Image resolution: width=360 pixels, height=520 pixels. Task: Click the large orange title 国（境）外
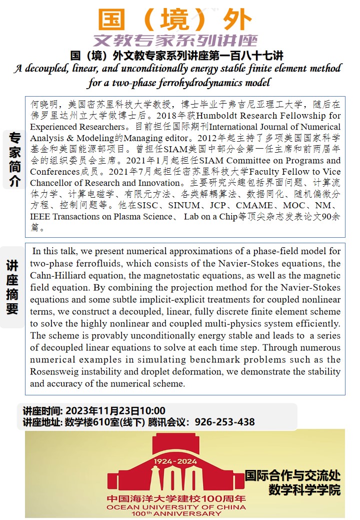pos(175,20)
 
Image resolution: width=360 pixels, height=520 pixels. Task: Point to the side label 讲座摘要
pos(12,287)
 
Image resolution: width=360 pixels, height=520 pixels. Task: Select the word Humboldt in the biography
pos(215,116)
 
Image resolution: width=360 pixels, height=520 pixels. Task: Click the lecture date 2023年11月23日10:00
pos(115,411)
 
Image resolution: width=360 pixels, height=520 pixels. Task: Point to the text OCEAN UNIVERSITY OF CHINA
pos(175,506)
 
